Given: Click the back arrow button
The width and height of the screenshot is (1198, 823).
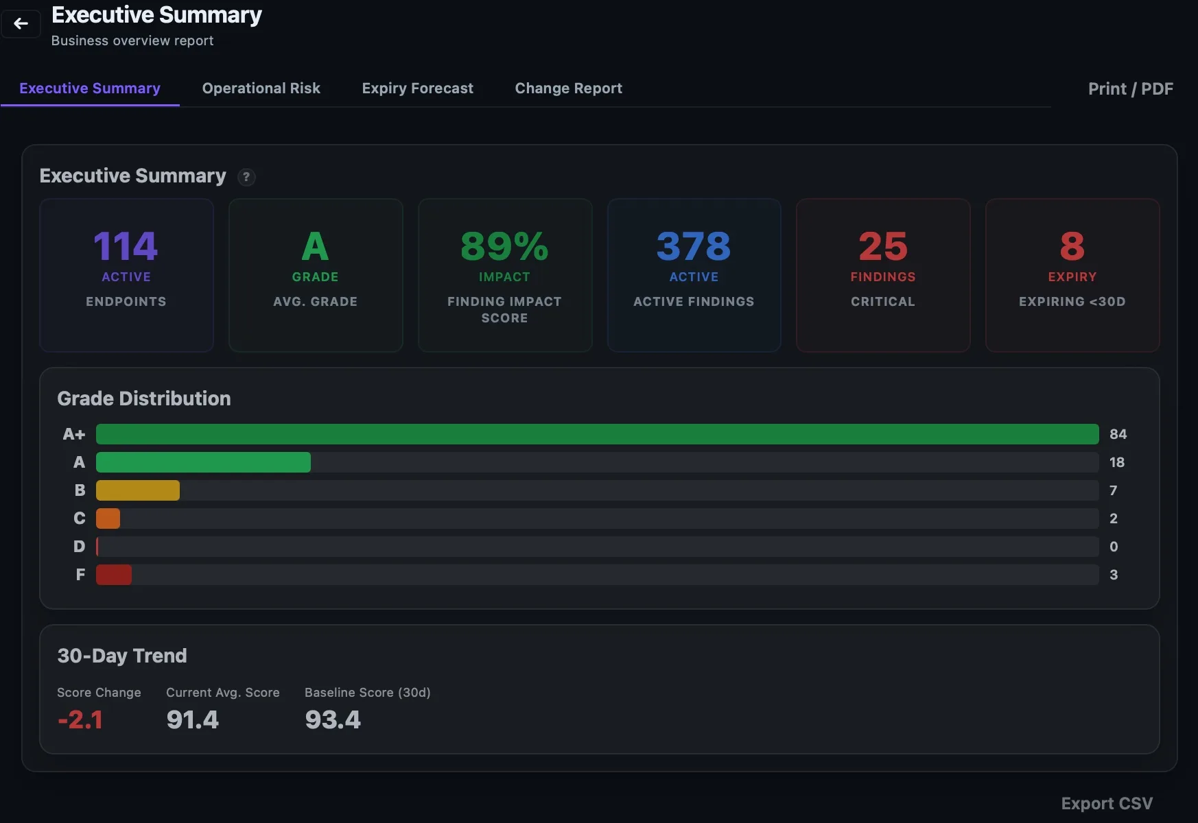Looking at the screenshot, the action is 21,24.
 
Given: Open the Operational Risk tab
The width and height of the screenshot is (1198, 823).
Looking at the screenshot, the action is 261,88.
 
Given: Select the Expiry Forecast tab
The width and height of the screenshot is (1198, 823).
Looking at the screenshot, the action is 417,88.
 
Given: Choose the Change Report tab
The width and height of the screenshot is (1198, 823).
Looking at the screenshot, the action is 568,88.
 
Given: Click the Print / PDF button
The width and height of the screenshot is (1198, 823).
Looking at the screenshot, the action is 1130,89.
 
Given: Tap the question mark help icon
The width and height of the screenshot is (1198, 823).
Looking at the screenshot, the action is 246,177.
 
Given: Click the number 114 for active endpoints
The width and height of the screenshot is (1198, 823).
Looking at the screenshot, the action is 126,246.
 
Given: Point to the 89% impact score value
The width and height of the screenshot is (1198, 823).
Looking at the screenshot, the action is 504,246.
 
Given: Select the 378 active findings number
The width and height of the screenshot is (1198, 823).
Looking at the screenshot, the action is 694,246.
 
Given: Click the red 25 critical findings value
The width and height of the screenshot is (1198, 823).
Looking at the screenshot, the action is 883,246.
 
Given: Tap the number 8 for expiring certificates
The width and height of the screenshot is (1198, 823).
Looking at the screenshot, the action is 1072,246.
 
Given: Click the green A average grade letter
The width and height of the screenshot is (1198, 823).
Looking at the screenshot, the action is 315,246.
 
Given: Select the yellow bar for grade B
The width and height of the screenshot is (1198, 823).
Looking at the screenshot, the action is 138,490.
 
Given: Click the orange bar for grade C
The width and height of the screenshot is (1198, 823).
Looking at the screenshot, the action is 108,518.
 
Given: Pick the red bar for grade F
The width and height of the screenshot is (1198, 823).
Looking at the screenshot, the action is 114,575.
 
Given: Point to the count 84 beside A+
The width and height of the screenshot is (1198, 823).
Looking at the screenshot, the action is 1118,434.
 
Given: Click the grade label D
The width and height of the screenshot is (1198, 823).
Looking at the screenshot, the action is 80,547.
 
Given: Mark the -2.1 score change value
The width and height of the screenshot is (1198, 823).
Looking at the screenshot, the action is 80,719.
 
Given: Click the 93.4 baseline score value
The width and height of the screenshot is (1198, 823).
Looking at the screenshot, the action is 333,719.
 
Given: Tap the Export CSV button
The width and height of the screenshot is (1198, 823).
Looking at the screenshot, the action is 1107,804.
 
